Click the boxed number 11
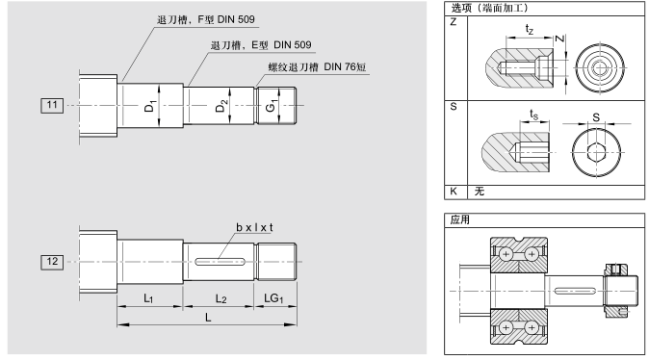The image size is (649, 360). pos(52,105)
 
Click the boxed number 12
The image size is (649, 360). pos(52,262)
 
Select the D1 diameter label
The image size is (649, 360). pos(149,106)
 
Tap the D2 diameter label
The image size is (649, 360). pos(221,106)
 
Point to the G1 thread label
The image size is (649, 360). pos(271,106)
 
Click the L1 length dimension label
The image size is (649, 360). pos(148,298)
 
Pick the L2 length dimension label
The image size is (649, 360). pos(221,298)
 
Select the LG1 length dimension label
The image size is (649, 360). pos(273,298)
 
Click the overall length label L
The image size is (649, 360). pos(208,318)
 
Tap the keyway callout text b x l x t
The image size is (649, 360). pos(254,227)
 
